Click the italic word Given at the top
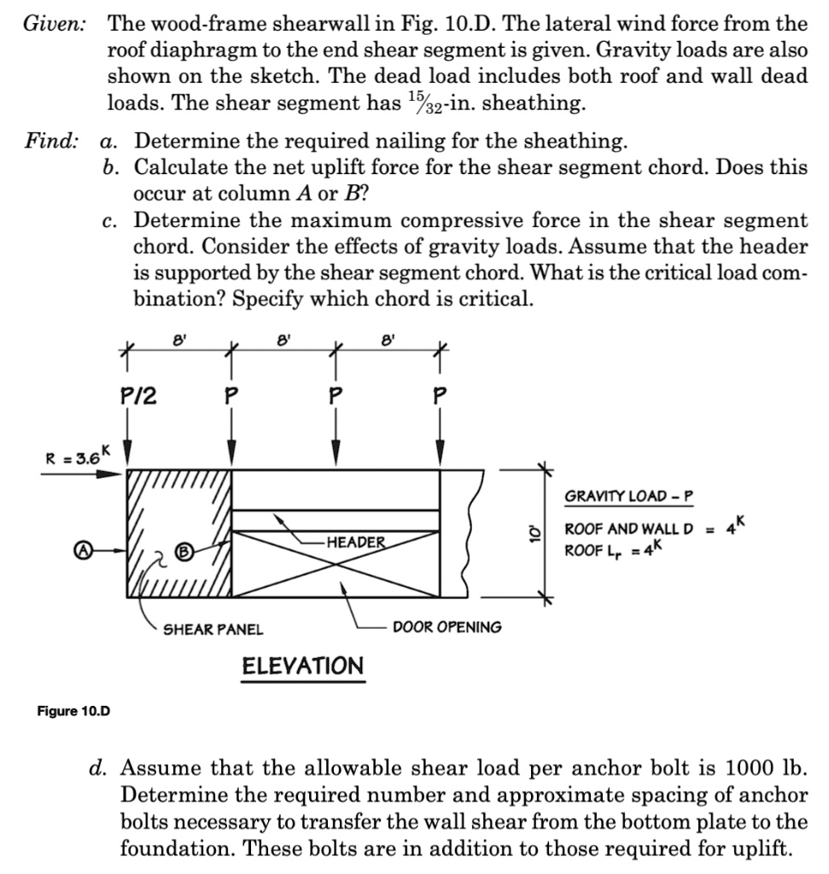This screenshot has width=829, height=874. [53, 23]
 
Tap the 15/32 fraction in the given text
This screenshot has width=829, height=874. [423, 103]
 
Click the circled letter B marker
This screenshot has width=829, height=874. [183, 551]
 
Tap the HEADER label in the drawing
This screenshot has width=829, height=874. [354, 542]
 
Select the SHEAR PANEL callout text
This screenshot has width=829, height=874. [213, 629]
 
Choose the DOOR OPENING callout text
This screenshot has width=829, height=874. [447, 627]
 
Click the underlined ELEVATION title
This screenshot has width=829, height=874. [303, 666]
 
